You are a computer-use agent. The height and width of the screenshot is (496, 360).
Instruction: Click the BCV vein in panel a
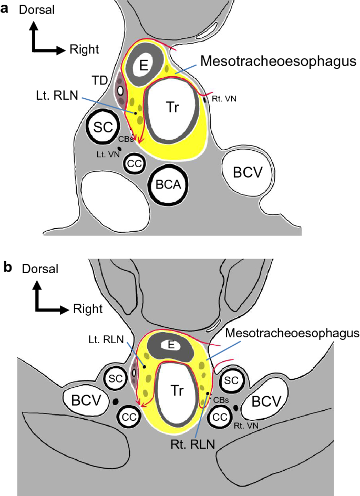[242, 171]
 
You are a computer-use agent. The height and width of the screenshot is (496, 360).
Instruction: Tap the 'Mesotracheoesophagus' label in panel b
[292, 333]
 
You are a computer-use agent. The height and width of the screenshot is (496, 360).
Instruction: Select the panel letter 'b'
[8, 267]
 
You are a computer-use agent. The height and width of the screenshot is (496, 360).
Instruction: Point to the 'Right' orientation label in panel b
[88, 309]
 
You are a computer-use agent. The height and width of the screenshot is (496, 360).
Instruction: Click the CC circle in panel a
[135, 163]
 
